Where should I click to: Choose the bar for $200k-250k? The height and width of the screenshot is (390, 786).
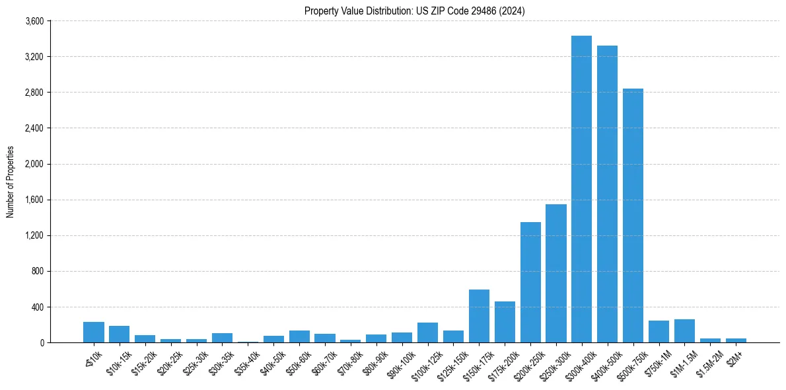coord(530,282)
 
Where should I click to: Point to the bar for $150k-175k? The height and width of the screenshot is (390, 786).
coord(479,316)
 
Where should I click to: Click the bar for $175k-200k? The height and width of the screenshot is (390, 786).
coord(505,322)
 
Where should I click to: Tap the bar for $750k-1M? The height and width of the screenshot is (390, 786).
coord(659,331)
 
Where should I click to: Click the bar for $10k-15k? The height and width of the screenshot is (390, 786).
coord(119,334)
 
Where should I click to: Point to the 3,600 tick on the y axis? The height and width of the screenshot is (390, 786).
coord(34,21)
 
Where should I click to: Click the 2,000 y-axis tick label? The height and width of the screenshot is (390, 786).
coord(34,164)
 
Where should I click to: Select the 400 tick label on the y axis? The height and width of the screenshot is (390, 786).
coord(37,307)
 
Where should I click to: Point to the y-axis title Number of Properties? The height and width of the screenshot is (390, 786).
coord(11,182)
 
